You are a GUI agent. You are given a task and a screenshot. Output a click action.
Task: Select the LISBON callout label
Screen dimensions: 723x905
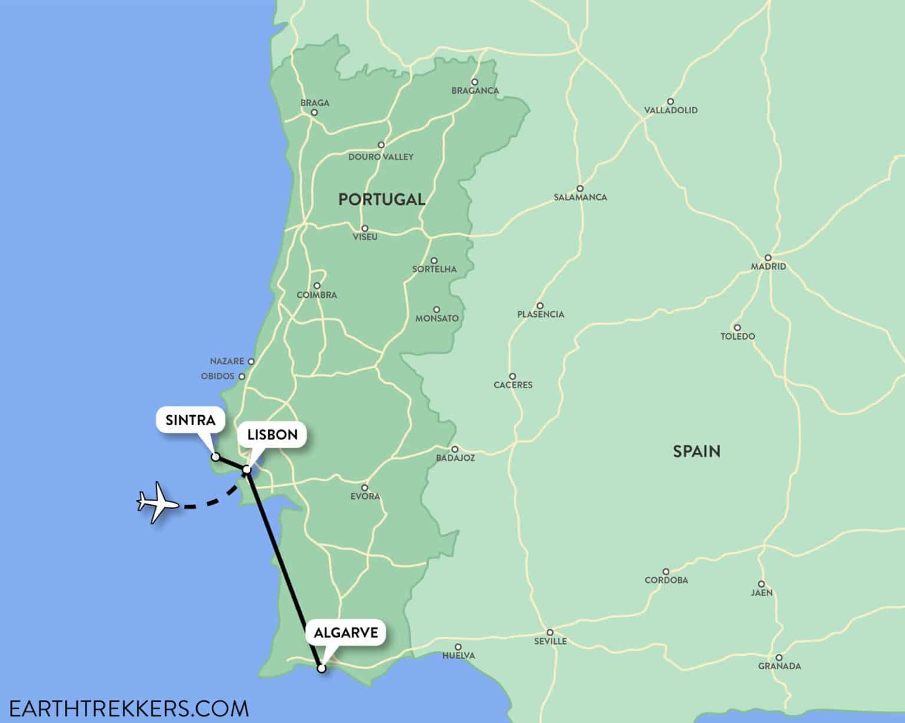[x=272, y=435]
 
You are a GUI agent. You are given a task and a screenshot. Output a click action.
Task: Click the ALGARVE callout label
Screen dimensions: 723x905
[x=346, y=633]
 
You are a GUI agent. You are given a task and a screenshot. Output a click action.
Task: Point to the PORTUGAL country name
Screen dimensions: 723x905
[x=382, y=199]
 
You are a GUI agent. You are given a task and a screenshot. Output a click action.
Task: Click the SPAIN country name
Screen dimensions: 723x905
[x=696, y=452]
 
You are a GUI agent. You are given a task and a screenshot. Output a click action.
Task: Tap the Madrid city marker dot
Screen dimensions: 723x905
[x=768, y=258]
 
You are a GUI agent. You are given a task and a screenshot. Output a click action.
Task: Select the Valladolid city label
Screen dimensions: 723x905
[x=671, y=110]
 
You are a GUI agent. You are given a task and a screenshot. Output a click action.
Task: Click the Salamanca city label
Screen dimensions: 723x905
[x=580, y=198]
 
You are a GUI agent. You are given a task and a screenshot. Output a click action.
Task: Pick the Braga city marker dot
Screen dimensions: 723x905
[x=315, y=112]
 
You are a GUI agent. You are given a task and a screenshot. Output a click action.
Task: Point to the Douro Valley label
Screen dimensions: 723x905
[x=381, y=157]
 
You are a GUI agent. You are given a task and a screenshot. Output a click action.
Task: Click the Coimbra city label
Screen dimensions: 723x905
[x=317, y=295]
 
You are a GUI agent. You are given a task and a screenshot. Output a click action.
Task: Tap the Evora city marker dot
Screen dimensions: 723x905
[x=365, y=488]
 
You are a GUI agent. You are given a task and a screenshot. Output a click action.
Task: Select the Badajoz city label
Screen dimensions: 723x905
[x=455, y=458]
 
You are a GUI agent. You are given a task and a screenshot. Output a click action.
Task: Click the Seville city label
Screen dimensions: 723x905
[x=550, y=641]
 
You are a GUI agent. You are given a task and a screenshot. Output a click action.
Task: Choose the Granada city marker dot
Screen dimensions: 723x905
[x=779, y=658]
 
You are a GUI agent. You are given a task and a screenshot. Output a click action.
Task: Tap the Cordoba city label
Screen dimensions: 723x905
[x=666, y=580]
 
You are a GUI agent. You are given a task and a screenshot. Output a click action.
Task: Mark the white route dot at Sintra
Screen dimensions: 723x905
[x=216, y=457]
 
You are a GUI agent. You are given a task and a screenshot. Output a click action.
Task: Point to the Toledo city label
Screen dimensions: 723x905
[x=738, y=337]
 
